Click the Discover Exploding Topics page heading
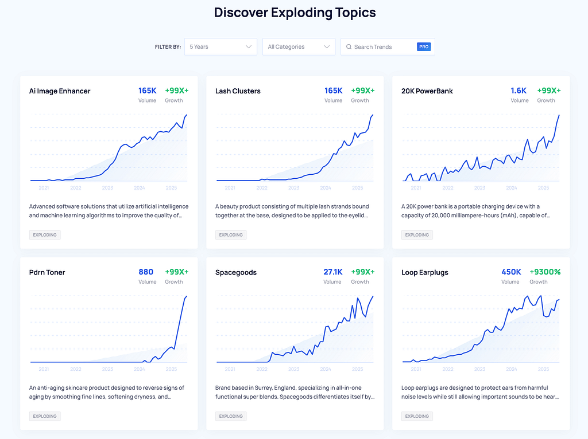tap(295, 13)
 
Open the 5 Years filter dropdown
tap(220, 47)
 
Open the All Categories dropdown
tap(299, 47)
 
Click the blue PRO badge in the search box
tap(424, 47)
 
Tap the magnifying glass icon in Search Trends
tap(349, 47)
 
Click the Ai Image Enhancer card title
tap(60, 91)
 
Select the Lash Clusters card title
tap(238, 91)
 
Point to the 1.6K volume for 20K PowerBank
tap(519, 91)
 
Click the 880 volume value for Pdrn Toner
tap(146, 272)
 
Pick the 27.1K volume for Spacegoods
tap(332, 272)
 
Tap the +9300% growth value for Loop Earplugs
tap(546, 272)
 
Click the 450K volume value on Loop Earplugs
tap(510, 272)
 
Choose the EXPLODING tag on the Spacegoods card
tap(231, 416)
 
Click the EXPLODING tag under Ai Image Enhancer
tap(45, 235)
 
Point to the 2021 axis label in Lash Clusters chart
tap(230, 188)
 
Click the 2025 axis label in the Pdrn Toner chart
tap(171, 370)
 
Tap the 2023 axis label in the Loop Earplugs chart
tap(479, 370)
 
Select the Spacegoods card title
tap(236, 273)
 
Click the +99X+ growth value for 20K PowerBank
tap(549, 91)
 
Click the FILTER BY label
tap(168, 47)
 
